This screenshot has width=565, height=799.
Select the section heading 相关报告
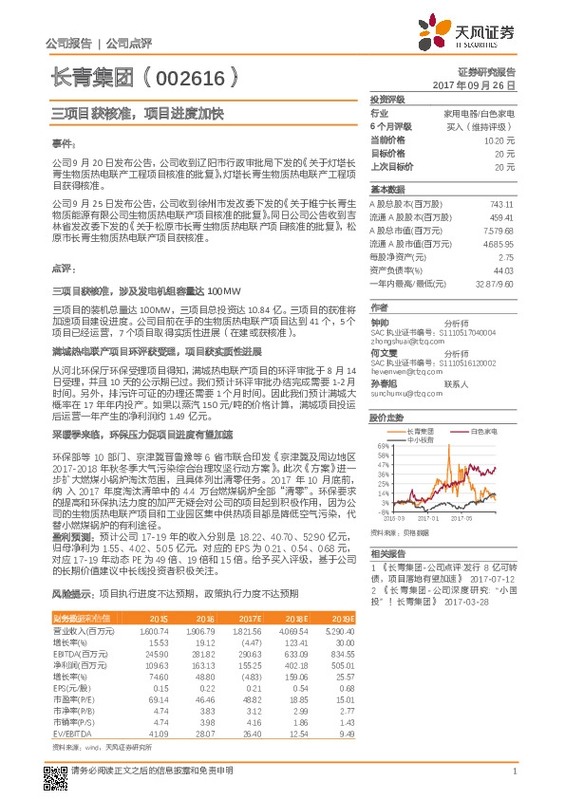tap(388, 553)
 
